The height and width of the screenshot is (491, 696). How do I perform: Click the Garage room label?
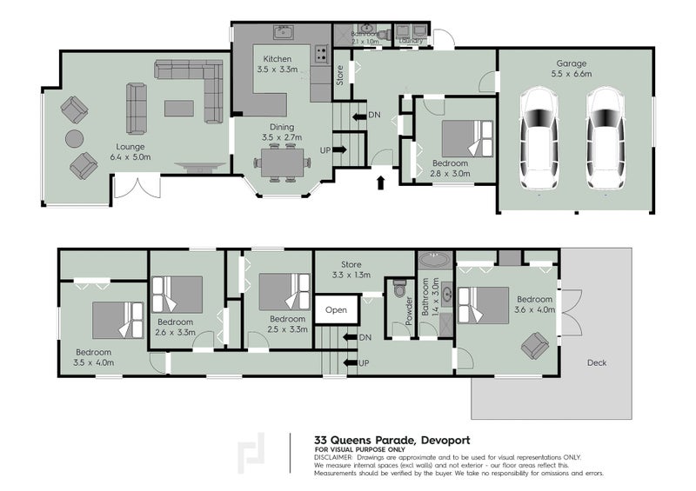572,69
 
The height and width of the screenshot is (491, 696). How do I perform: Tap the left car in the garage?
539,140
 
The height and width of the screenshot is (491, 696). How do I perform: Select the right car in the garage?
606,140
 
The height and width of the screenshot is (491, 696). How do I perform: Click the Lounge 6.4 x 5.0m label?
130,152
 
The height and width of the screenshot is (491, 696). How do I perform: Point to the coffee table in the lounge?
179,108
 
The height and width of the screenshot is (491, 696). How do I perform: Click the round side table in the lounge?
75,138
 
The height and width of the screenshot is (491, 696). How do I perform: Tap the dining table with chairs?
282,163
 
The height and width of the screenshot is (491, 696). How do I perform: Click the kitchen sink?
283,33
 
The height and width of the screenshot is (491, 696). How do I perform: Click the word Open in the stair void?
337,309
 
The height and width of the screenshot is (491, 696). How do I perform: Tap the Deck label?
596,362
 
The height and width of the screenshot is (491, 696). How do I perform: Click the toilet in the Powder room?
400,286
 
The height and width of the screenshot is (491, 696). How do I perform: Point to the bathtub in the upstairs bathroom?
432,259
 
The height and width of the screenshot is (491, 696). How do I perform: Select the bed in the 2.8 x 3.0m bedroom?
466,139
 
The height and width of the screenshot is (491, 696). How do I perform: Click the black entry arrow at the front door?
379,182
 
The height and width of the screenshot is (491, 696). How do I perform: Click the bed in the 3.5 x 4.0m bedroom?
118,320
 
